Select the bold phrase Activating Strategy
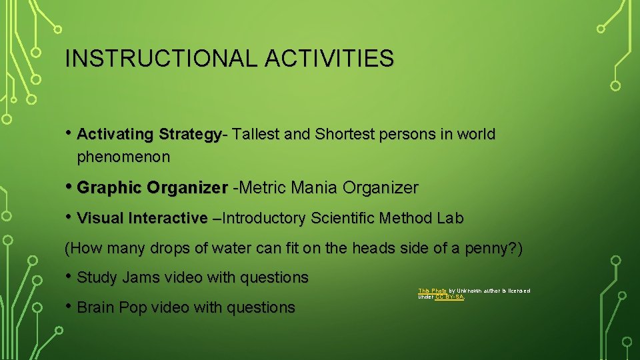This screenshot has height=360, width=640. click(x=149, y=135)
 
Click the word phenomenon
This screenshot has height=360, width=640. click(x=123, y=158)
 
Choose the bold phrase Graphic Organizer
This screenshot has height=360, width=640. click(x=152, y=189)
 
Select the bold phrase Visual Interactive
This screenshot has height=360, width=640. click(x=142, y=219)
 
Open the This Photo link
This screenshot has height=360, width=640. click(x=432, y=291)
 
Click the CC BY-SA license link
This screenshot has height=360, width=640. click(x=449, y=297)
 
